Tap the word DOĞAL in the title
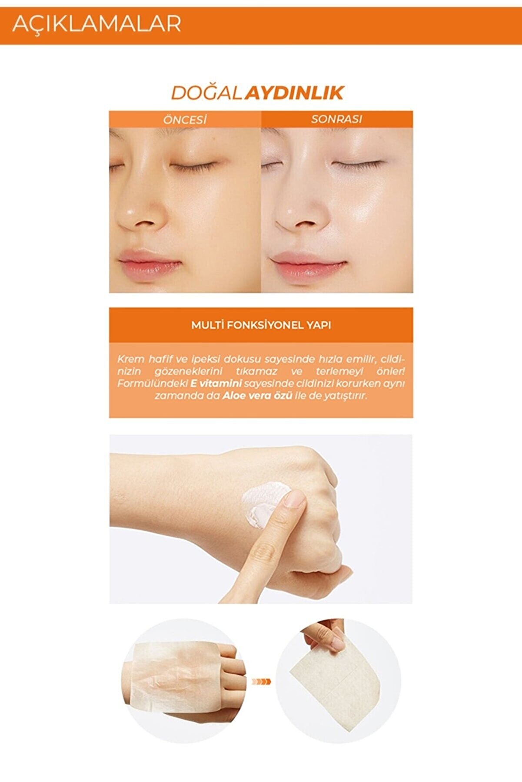click(x=206, y=93)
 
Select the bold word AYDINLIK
click(x=294, y=93)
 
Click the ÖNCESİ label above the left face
click(x=185, y=119)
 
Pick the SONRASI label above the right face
click(x=336, y=119)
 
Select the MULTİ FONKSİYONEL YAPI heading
click(x=261, y=325)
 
